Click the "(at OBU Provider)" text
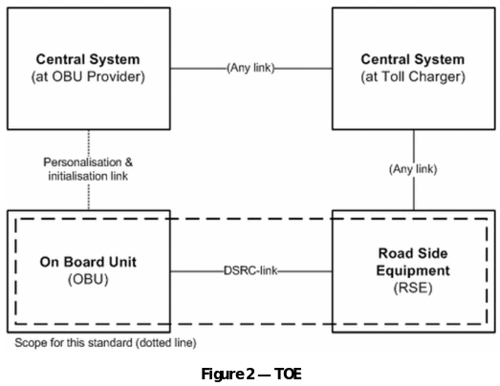point(88,76)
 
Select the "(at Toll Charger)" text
point(413,76)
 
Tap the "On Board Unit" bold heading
point(88,262)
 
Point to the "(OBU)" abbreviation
point(88,280)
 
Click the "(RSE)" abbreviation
point(413,289)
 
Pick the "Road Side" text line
point(413,253)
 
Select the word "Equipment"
point(413,270)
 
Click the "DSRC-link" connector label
point(250,271)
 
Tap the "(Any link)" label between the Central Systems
point(250,68)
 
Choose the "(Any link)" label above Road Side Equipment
point(413,169)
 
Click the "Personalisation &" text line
point(88,162)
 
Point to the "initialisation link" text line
point(88,176)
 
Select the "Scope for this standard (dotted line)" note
point(105,343)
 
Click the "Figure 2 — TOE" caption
point(251,374)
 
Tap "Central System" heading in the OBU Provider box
point(88,59)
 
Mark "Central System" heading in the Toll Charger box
point(413,59)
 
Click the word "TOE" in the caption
point(288,374)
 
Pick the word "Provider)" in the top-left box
point(116,76)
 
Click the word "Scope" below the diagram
point(29,343)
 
